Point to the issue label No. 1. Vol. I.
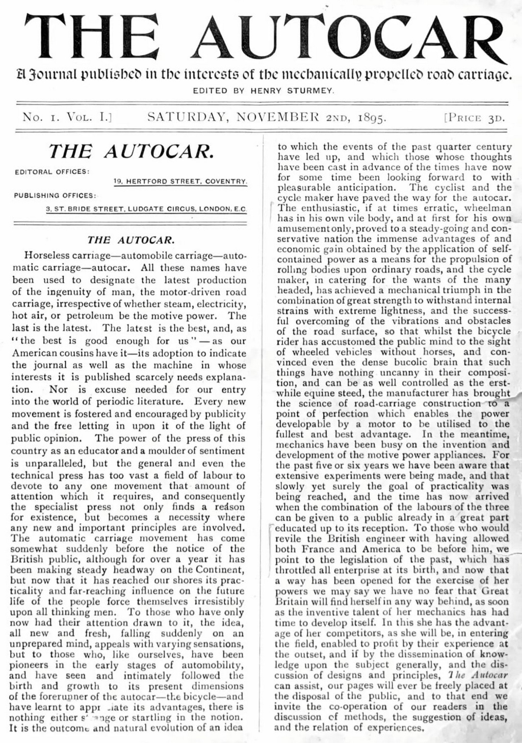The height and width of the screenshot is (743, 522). [x=66, y=118]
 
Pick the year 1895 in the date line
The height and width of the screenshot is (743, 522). [x=371, y=118]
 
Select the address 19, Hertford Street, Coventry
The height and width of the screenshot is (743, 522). [x=180, y=181]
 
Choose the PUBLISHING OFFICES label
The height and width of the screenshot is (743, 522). [x=55, y=195]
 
